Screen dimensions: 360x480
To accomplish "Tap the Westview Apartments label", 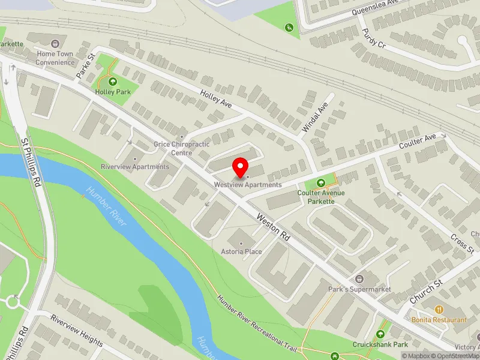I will pos(248,185).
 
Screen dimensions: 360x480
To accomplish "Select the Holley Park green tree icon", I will pos(112,82).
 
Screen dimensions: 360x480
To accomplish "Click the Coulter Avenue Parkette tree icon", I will pos(320,182).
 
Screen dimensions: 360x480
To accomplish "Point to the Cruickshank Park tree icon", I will pos(380,334).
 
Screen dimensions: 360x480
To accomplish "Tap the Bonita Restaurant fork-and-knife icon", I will pos(439,310).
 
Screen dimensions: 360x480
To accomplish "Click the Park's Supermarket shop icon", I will pos(359,279).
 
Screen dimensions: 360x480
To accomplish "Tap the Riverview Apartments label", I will pos(135,166).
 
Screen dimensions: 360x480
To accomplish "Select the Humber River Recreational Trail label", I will pos(258,324).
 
